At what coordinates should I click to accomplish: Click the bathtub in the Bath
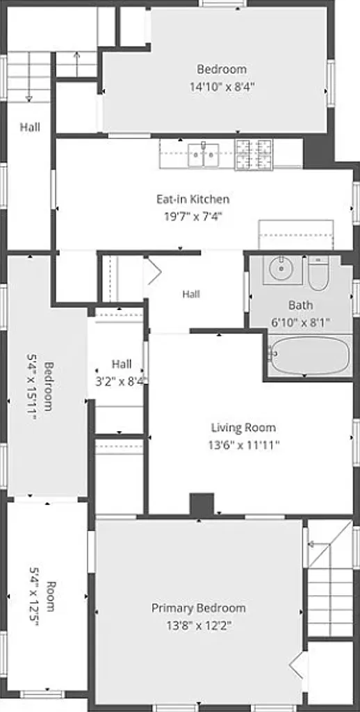[309, 355]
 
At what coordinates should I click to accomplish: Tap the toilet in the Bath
[318, 273]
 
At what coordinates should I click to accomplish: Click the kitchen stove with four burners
[254, 155]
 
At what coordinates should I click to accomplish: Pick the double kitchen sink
[204, 155]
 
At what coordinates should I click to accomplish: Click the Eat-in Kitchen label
[193, 199]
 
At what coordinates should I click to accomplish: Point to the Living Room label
[243, 428]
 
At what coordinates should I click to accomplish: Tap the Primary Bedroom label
[198, 608]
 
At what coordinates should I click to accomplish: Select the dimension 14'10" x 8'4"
[222, 87]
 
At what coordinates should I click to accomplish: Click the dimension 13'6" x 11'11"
[243, 445]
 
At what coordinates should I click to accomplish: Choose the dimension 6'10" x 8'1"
[300, 323]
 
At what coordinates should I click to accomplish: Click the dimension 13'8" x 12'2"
[198, 626]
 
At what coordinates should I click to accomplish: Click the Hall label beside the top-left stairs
[30, 127]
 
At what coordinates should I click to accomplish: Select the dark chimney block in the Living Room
[202, 504]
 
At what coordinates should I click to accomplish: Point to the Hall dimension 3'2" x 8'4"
[120, 382]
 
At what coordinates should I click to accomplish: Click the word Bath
[300, 305]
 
